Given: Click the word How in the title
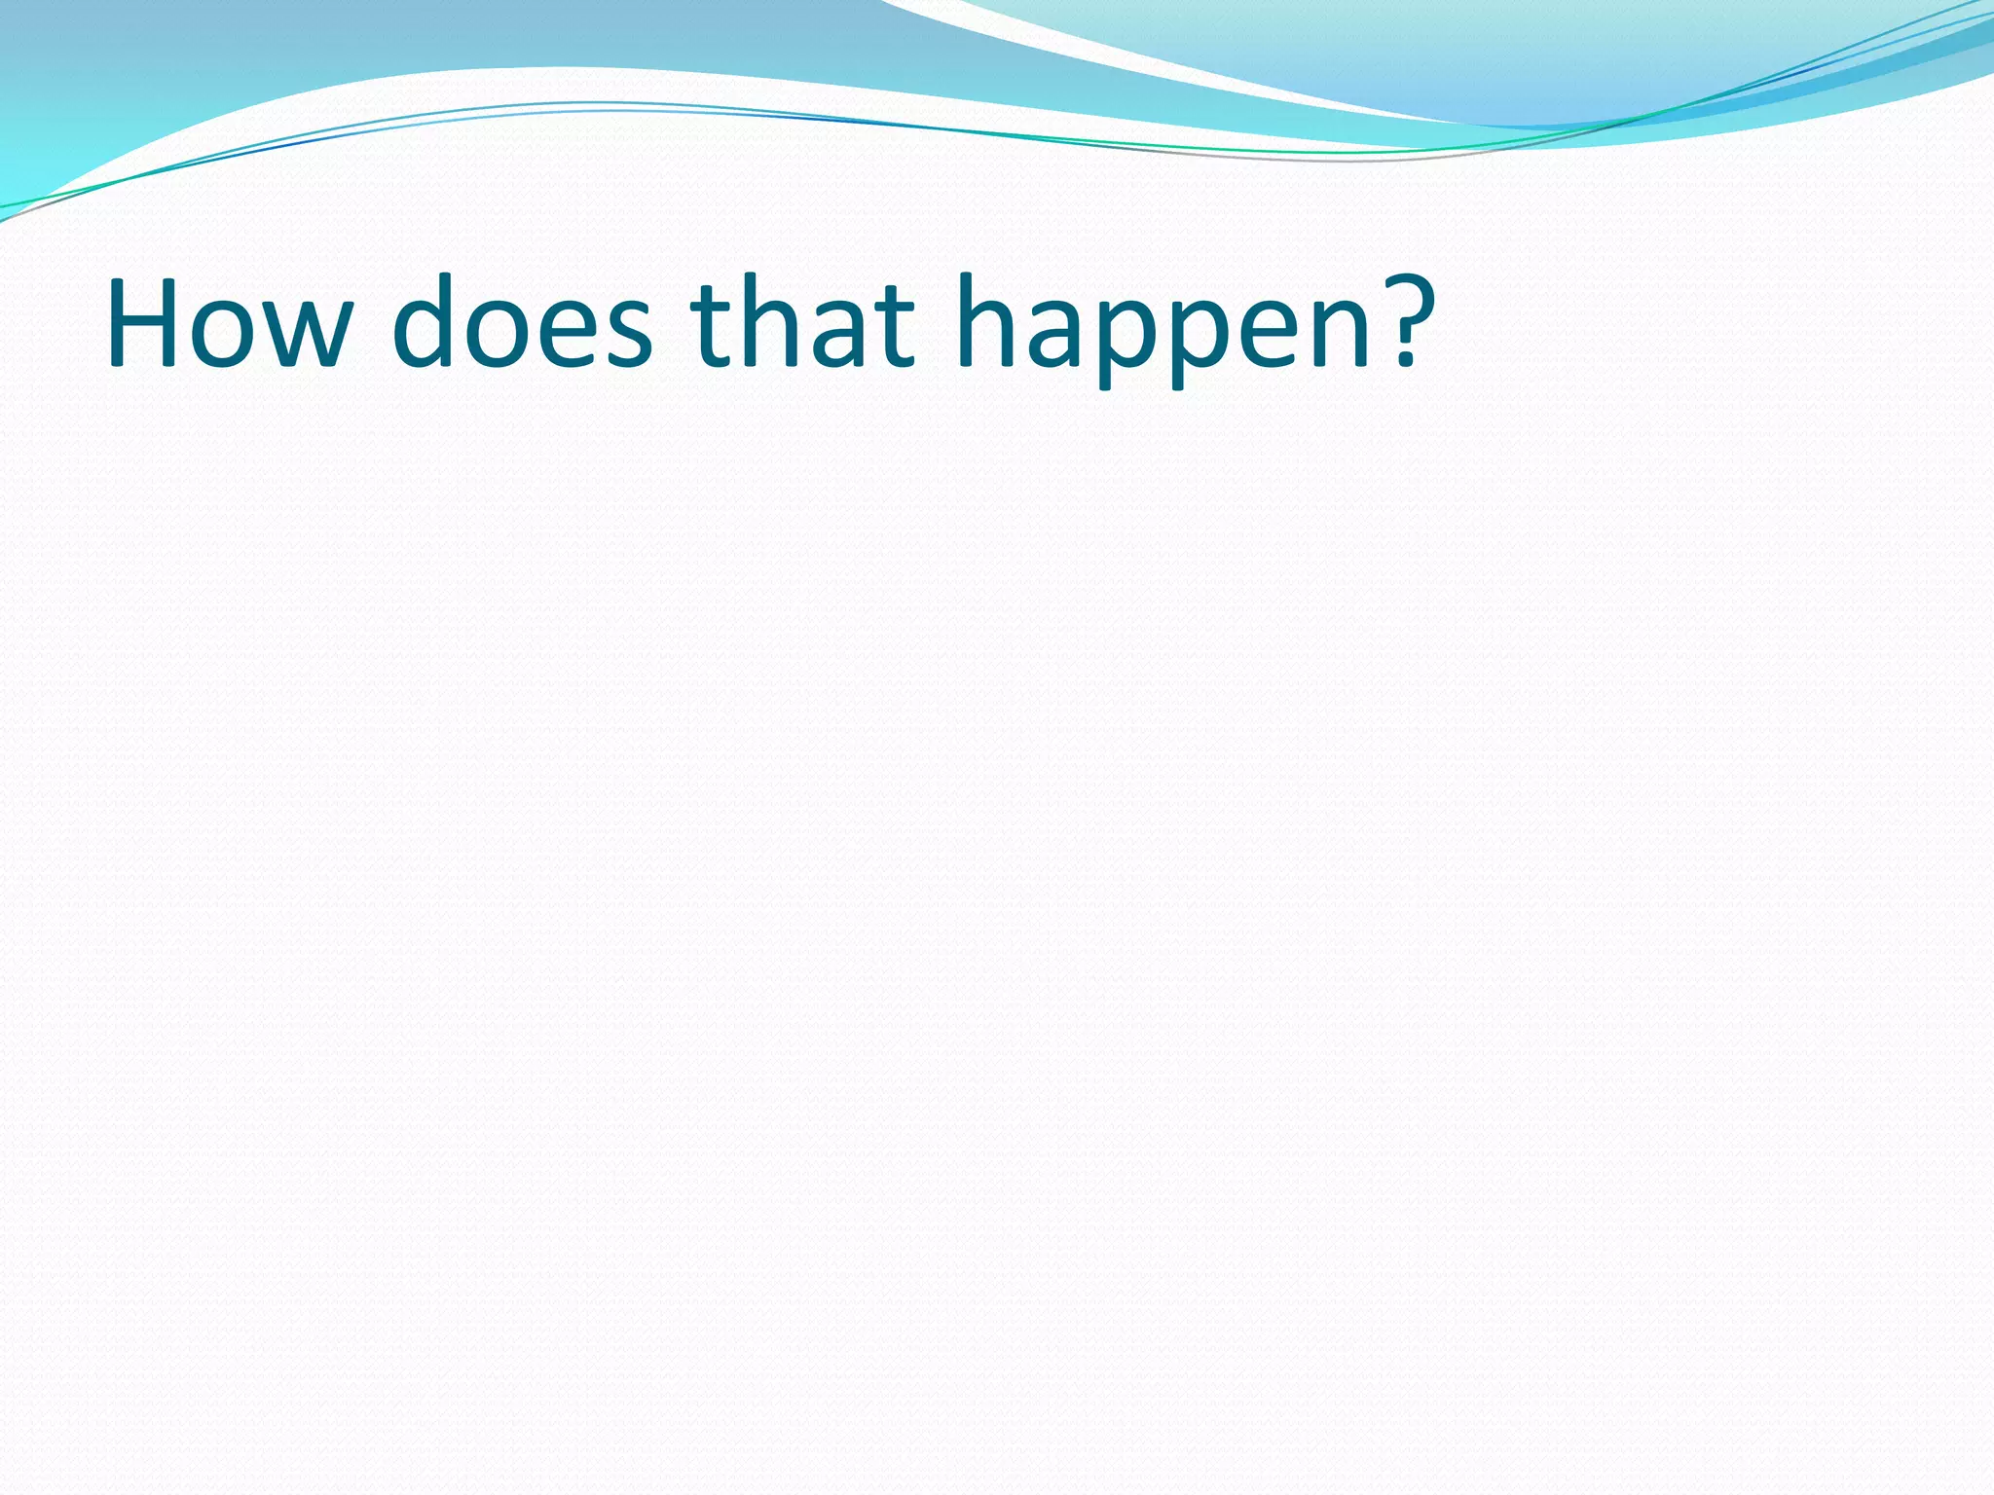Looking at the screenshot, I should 229,324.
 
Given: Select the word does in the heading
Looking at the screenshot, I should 522,324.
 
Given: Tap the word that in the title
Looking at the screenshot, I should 803,324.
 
